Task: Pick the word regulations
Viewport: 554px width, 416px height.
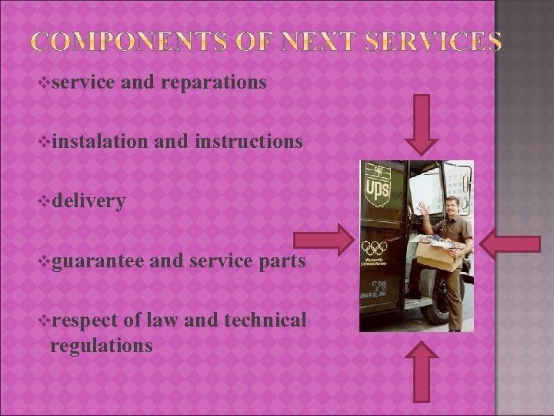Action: (101, 345)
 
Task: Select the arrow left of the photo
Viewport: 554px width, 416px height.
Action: (329, 242)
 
